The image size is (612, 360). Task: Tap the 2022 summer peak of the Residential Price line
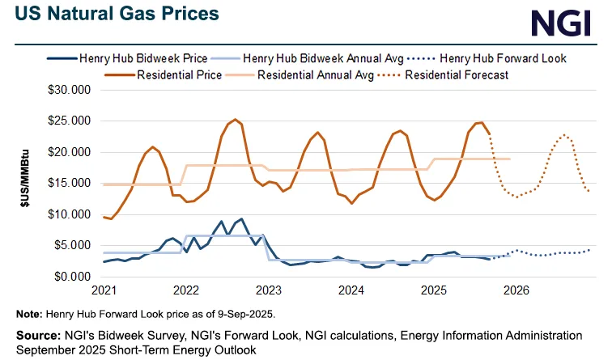235,120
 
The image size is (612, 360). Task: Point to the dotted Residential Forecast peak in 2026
564,135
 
